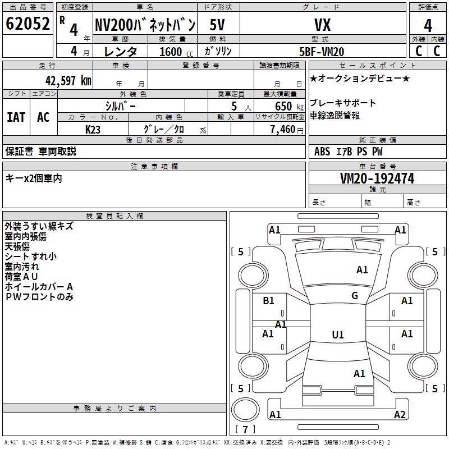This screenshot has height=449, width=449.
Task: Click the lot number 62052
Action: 28,24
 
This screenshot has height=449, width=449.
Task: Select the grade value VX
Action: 322,25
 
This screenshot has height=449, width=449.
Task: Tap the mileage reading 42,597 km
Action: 68,81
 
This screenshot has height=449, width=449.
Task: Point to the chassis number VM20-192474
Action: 377,178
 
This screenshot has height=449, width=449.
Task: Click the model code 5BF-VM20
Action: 322,52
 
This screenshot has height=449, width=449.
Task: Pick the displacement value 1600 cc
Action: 176,52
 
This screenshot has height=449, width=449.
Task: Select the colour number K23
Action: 93,130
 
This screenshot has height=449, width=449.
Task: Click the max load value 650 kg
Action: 289,106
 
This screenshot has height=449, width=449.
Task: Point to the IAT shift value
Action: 16,117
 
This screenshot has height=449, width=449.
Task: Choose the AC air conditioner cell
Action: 43,117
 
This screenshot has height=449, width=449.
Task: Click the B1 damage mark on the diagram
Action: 268,301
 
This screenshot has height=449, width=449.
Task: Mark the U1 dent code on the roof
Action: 338,335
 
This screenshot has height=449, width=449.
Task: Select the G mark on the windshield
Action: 355,296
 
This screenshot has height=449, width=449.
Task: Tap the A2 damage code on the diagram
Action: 400,414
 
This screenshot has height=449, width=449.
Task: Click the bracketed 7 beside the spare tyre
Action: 245,429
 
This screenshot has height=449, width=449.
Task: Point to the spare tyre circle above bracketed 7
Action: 245,398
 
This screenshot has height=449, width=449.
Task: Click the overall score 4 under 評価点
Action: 428,26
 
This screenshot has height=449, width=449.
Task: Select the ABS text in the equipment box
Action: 322,152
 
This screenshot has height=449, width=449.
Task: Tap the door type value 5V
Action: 217,25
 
